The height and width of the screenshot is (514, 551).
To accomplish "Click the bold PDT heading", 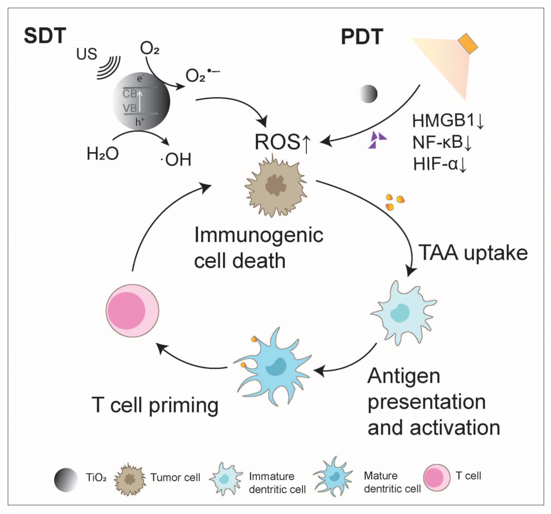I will (362, 37).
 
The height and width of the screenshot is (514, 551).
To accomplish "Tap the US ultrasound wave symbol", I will (109, 67).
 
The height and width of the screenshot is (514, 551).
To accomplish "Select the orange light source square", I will (468, 43).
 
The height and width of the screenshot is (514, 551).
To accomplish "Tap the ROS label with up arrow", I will (282, 142).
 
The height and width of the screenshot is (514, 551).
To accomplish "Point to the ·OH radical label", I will (176, 160).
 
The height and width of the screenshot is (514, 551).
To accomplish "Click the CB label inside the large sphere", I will (130, 94).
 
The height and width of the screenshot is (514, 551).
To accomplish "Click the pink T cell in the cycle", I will (132, 310).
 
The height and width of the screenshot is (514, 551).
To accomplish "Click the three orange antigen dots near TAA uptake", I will (394, 201).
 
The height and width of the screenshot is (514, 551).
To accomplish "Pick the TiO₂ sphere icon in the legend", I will (66, 480).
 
